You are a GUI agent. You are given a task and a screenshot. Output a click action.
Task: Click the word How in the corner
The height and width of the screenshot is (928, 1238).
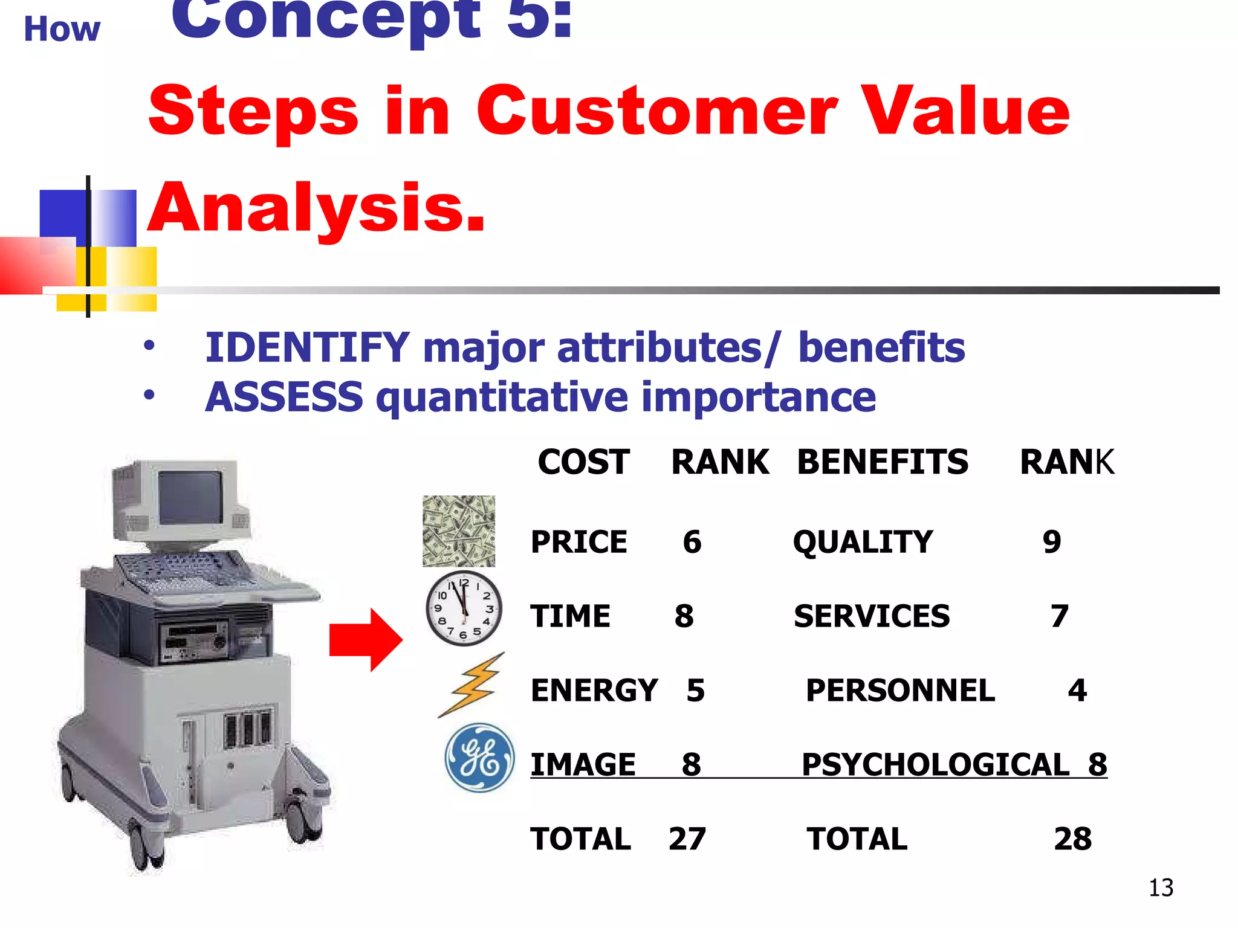click(x=62, y=29)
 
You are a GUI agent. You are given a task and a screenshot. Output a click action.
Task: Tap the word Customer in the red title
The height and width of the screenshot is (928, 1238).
click(x=657, y=111)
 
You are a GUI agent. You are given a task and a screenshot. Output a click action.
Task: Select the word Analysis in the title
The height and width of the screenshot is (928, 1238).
click(x=316, y=208)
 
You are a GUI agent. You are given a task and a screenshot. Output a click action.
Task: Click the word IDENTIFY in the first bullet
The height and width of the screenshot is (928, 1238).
click(x=307, y=348)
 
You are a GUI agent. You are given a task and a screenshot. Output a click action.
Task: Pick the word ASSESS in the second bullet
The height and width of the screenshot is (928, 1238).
click(x=284, y=398)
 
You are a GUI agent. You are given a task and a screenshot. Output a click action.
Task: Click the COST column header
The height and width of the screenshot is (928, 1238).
click(x=583, y=462)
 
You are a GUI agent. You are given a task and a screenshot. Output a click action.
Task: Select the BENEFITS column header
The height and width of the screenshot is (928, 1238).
click(x=883, y=462)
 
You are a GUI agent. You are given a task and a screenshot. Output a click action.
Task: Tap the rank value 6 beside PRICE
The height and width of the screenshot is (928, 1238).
click(x=692, y=542)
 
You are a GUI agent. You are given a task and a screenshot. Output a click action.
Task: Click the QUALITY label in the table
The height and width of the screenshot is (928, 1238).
click(x=863, y=542)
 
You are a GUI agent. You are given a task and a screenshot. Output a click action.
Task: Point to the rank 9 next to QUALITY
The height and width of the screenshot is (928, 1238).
click(x=1052, y=542)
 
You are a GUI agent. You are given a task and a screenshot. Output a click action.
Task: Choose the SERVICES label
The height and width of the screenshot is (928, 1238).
click(x=872, y=616)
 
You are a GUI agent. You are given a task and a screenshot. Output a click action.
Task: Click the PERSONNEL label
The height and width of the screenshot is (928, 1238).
click(x=900, y=691)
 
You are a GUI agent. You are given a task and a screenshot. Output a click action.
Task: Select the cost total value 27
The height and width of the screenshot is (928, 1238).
click(x=687, y=839)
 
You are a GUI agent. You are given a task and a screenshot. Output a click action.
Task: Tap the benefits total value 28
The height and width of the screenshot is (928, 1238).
click(x=1073, y=839)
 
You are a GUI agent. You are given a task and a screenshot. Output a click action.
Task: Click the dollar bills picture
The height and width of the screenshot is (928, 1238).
click(x=458, y=531)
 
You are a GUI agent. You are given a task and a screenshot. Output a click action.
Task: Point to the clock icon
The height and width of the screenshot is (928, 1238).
click(x=464, y=608)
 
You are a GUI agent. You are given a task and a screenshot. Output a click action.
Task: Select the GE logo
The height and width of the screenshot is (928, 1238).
click(x=479, y=758)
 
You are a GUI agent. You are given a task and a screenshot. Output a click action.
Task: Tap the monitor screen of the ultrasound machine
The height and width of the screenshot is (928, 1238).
click(x=190, y=497)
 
